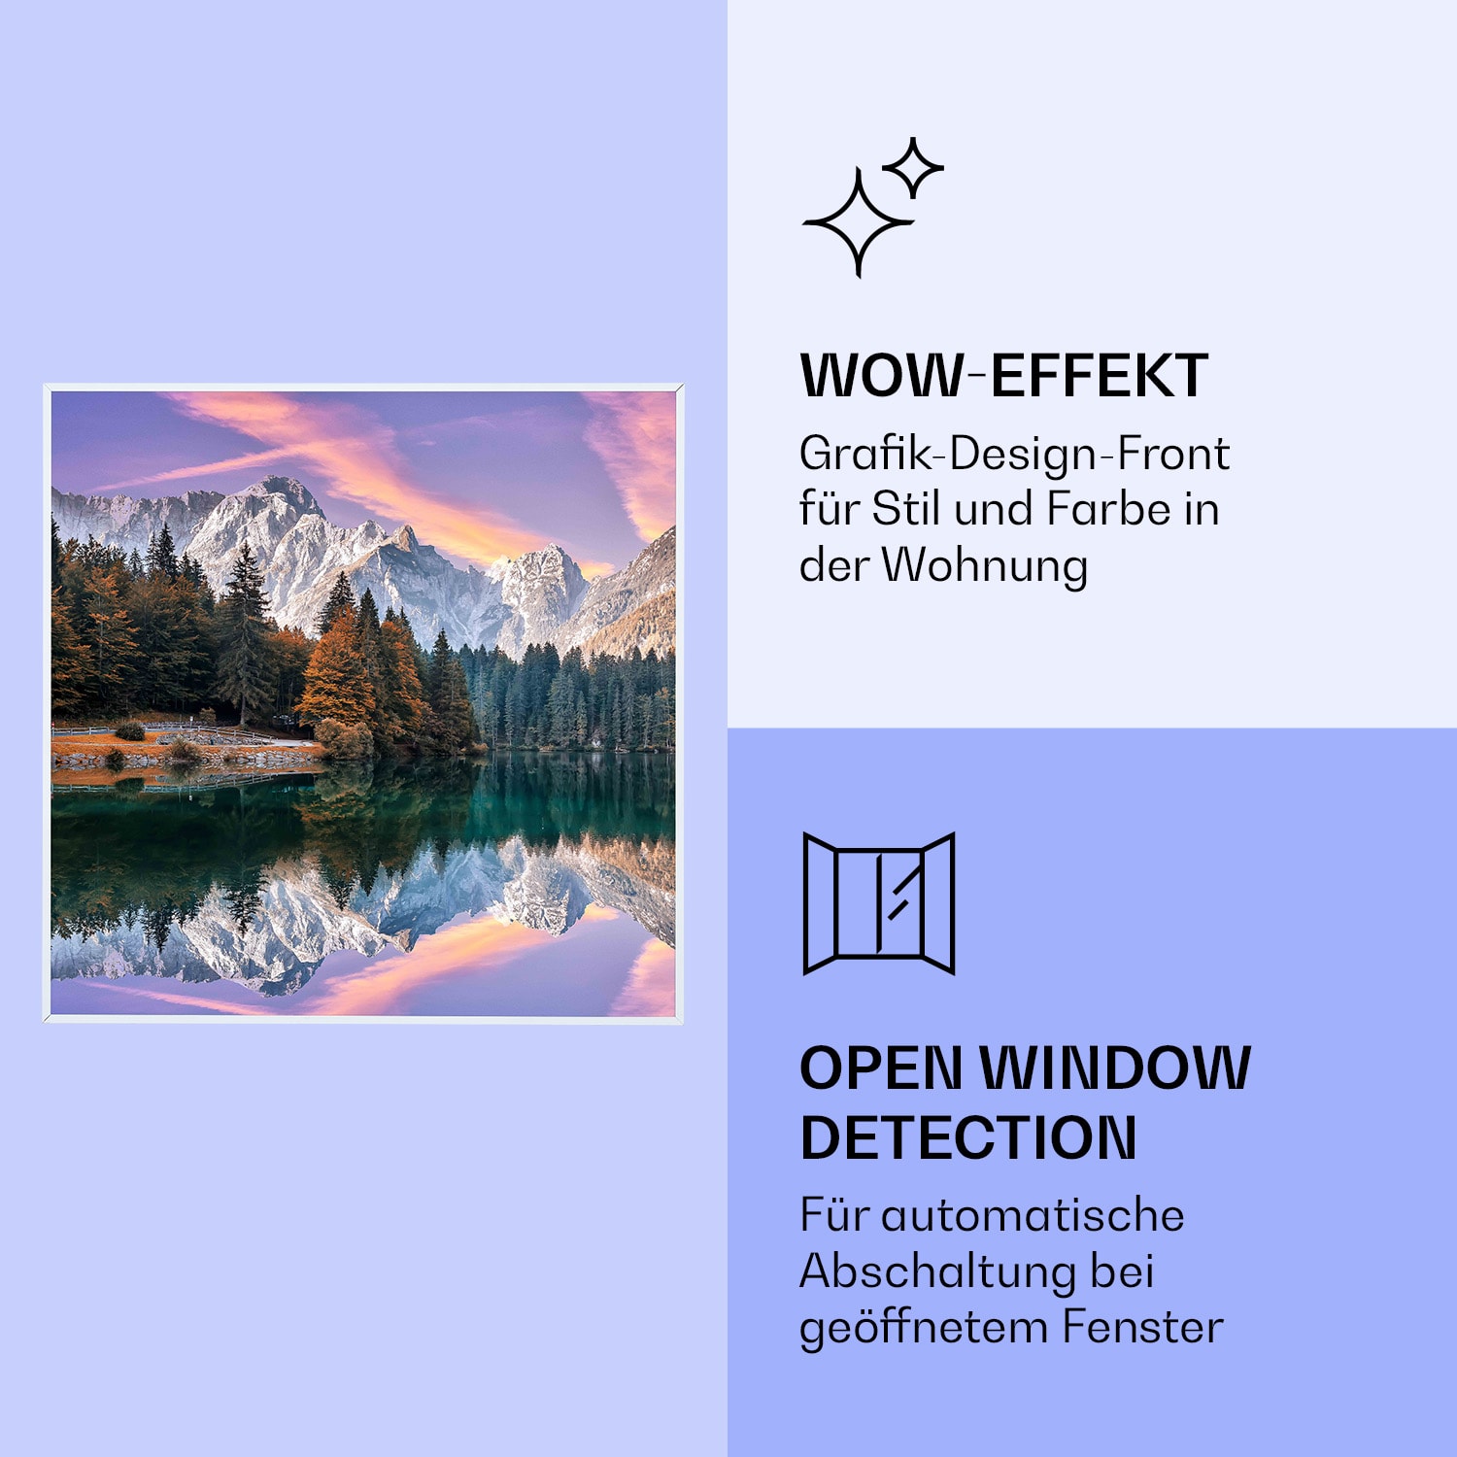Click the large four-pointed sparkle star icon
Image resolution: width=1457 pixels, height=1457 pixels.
click(857, 222)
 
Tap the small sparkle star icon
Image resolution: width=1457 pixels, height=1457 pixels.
click(912, 167)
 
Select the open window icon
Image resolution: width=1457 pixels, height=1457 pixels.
click(879, 902)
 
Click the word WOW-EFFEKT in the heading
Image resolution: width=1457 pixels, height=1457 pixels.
click(1003, 376)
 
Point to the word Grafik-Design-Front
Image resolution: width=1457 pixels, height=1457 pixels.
click(1014, 454)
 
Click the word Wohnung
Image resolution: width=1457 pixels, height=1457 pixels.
click(984, 565)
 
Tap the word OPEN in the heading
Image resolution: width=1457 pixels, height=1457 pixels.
click(881, 1069)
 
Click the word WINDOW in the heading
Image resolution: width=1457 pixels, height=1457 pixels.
click(1115, 1069)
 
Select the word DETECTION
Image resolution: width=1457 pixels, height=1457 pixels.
click(968, 1138)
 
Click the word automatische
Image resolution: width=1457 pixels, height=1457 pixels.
click(1033, 1215)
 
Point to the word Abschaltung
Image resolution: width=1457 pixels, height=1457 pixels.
click(937, 1271)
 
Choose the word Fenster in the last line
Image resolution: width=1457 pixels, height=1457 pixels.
click(1142, 1327)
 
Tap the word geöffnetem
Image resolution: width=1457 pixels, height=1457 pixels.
click(923, 1329)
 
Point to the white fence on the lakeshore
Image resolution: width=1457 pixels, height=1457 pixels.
click(165, 728)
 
